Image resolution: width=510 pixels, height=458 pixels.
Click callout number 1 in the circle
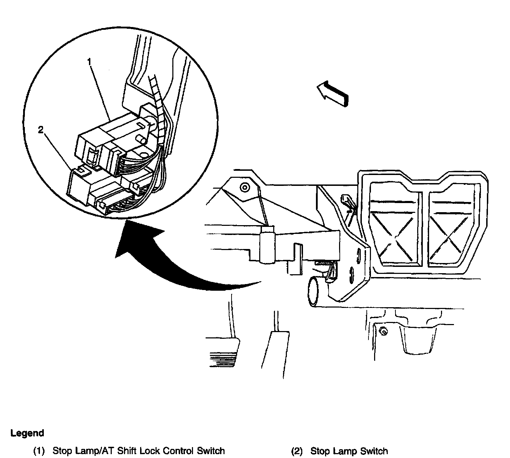pyautogui.click(x=89, y=62)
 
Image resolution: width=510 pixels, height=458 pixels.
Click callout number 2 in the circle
pyautogui.click(x=41, y=130)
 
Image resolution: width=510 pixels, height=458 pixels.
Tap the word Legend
pyautogui.click(x=27, y=433)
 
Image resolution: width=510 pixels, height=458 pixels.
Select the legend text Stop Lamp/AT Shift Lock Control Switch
pyautogui.click(x=139, y=451)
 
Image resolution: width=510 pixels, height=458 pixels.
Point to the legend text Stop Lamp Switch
pyautogui.click(x=349, y=451)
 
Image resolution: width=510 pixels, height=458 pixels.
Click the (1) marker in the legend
pyautogui.click(x=39, y=451)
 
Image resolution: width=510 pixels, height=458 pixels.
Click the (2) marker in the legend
pyautogui.click(x=297, y=451)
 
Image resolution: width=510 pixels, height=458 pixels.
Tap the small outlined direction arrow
pyautogui.click(x=332, y=93)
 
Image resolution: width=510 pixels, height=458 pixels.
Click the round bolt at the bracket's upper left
pyautogui.click(x=244, y=188)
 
